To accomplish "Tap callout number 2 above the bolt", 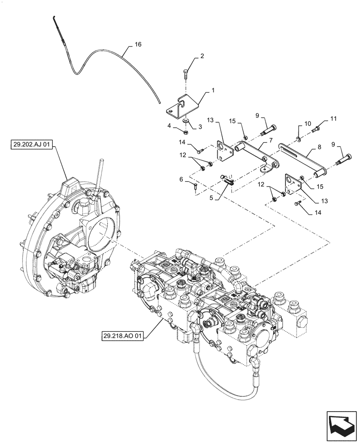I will (x=202, y=56).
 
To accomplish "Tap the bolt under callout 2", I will (x=187, y=73).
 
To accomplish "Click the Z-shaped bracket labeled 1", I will (x=184, y=108).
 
